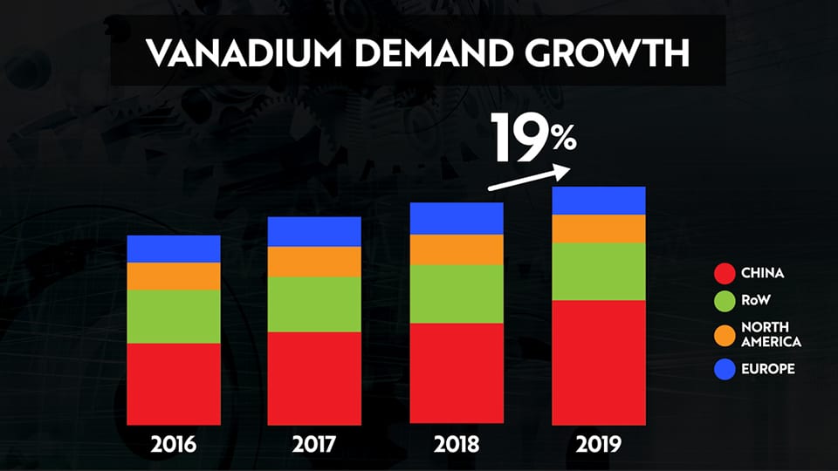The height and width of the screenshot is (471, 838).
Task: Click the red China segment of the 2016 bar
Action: (x=173, y=384)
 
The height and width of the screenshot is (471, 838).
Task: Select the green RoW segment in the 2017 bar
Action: (x=314, y=304)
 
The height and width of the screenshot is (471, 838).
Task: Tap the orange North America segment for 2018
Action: (x=457, y=249)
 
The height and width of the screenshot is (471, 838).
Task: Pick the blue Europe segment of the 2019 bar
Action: (x=599, y=201)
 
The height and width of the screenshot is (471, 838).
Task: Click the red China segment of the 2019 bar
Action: (x=599, y=362)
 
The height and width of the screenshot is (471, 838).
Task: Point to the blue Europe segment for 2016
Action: (x=173, y=249)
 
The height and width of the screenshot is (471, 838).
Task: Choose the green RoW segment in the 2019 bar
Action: (x=599, y=271)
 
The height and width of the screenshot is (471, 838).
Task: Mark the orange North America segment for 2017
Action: (x=314, y=262)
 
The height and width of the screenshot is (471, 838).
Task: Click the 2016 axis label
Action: (x=173, y=446)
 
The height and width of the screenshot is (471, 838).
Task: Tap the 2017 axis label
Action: (x=314, y=446)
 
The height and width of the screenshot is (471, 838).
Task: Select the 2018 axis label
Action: (x=457, y=446)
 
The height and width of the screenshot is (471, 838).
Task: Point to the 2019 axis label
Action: (x=599, y=446)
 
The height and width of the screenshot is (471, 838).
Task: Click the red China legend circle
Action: (x=725, y=273)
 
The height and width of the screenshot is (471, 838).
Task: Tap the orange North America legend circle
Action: (x=725, y=334)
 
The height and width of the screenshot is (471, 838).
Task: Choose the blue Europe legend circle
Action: (x=725, y=369)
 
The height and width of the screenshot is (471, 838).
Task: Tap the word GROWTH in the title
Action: (x=610, y=54)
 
